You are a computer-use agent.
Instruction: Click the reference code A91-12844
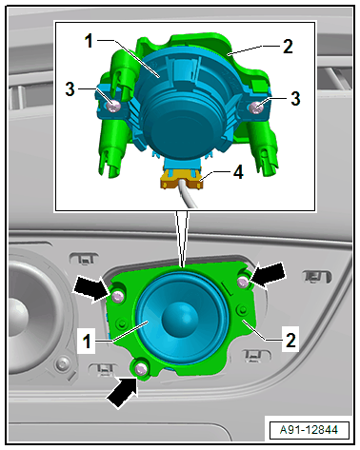309,430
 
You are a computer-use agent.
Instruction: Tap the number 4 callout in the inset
238,173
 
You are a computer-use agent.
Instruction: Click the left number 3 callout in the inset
70,89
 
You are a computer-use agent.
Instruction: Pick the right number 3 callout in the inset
295,98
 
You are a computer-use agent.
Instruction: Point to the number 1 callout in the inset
89,41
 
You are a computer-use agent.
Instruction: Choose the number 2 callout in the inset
288,47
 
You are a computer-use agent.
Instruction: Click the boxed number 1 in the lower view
87,342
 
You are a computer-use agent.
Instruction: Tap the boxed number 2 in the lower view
290,340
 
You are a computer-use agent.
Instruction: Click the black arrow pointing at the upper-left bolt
90,288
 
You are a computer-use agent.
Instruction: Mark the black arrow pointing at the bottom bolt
122,392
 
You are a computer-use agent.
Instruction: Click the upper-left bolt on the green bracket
117,297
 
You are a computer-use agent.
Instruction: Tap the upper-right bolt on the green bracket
244,282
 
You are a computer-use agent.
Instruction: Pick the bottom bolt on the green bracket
140,369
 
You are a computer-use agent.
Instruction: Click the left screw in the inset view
113,107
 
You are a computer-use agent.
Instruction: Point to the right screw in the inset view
256,108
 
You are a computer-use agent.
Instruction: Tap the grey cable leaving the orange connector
188,196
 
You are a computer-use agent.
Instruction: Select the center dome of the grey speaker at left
17,315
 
